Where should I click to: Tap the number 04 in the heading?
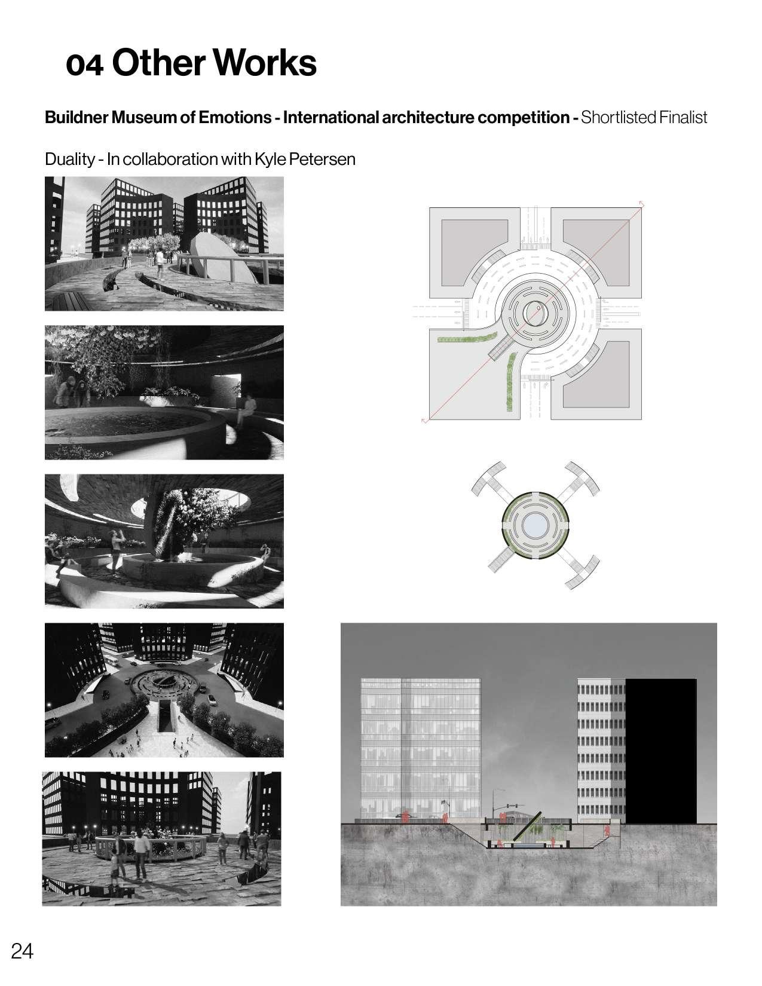click(x=84, y=65)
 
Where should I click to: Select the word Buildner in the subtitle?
click(x=76, y=118)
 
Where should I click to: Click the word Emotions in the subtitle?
click(x=235, y=118)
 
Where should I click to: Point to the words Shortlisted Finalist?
click(x=644, y=118)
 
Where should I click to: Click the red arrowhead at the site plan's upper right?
click(x=641, y=204)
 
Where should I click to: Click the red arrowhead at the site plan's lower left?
click(x=425, y=420)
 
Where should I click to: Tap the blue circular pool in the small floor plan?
click(x=535, y=526)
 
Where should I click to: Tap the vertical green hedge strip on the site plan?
click(x=510, y=382)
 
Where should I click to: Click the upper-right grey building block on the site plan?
click(x=596, y=253)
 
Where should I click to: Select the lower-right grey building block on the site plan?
click(x=596, y=374)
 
